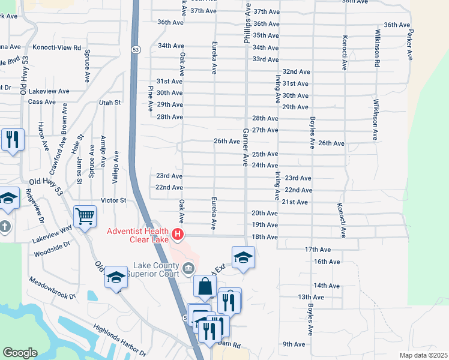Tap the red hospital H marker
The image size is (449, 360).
[178, 234]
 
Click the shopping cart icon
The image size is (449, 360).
[85, 215]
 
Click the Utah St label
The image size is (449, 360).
[110, 103]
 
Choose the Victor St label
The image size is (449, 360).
[113, 200]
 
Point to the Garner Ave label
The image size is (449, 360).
[246, 147]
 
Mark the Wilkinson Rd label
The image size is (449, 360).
[378, 47]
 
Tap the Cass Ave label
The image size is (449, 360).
[41, 102]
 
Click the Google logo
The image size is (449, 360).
[20, 353]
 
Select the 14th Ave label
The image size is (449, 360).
[327, 286]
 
